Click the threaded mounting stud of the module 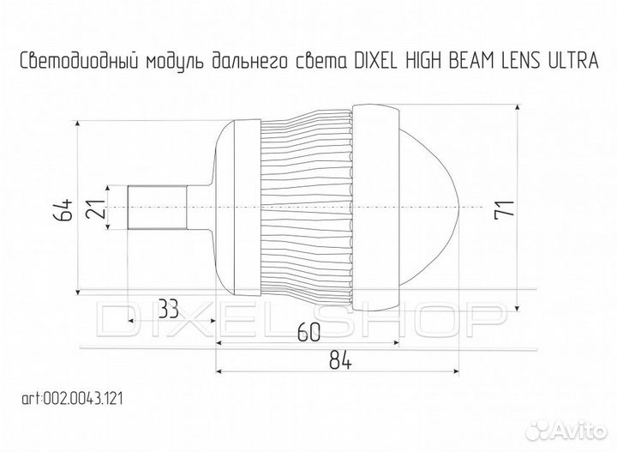156,208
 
